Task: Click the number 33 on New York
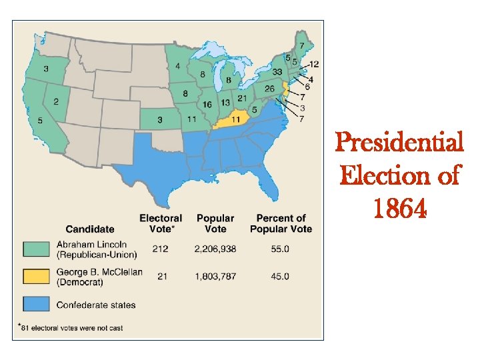pyautogui.click(x=277, y=72)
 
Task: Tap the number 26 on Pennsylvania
pyautogui.click(x=269, y=89)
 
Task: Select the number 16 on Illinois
pyautogui.click(x=207, y=105)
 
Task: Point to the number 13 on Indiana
pyautogui.click(x=225, y=102)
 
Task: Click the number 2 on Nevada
pyautogui.click(x=56, y=101)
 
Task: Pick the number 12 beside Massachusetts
pyautogui.click(x=314, y=64)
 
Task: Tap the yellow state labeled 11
pyautogui.click(x=235, y=119)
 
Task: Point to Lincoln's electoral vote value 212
pyautogui.click(x=160, y=249)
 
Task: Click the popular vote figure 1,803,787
pyautogui.click(x=215, y=277)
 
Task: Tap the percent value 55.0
pyautogui.click(x=280, y=249)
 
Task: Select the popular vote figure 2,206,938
pyautogui.click(x=215, y=249)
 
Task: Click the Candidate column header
pyautogui.click(x=90, y=229)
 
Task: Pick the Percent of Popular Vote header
pyautogui.click(x=281, y=223)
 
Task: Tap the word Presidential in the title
pyautogui.click(x=399, y=142)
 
